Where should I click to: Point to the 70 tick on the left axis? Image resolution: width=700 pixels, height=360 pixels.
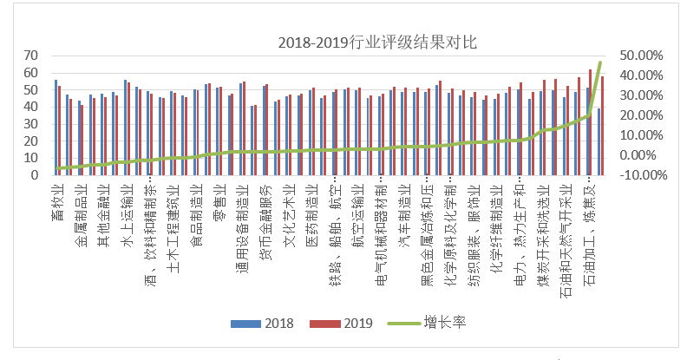pyautogui.click(x=32, y=56)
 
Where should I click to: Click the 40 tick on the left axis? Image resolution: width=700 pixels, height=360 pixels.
pyautogui.click(x=32, y=107)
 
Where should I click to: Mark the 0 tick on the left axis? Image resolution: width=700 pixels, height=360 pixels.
pyautogui.click(x=36, y=175)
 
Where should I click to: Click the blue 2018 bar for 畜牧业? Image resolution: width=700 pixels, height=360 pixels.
pyautogui.click(x=56, y=128)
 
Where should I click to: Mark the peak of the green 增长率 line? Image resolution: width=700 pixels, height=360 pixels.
pyautogui.click(x=600, y=62)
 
